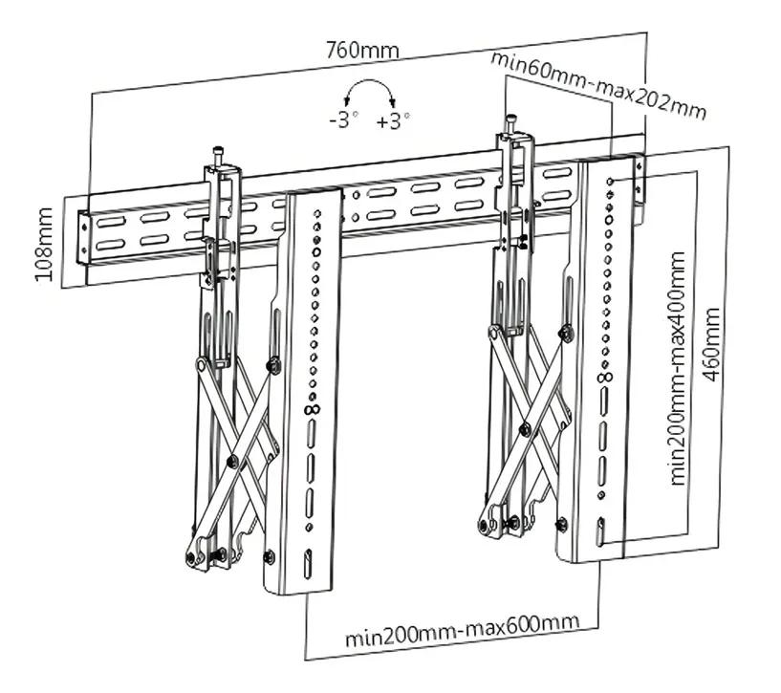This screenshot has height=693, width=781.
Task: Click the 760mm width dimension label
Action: [362, 50]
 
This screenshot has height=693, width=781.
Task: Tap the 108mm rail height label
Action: [44, 245]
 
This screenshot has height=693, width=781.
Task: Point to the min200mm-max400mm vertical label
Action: [679, 368]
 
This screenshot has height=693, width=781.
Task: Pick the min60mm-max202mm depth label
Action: [599, 85]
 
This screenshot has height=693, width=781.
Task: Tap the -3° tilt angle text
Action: [342, 121]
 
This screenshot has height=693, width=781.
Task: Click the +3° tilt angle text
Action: [393, 121]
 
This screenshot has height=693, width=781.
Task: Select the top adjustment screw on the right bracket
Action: [512, 121]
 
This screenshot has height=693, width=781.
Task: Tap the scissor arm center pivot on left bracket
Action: [232, 461]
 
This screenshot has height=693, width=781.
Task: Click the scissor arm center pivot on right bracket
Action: [524, 431]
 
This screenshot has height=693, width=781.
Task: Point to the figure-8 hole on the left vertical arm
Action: [309, 409]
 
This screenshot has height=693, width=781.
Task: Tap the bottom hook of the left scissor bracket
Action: [196, 554]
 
